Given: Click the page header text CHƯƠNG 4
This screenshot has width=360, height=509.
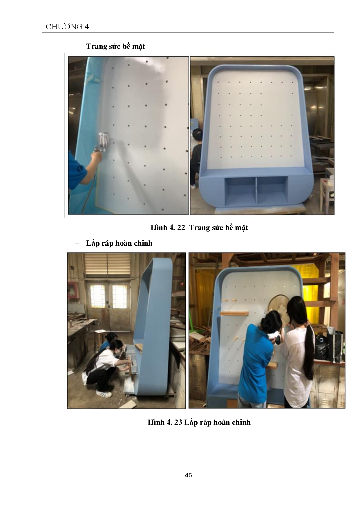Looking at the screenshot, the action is point(67,27).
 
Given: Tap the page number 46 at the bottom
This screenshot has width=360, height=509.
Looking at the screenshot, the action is point(188,475).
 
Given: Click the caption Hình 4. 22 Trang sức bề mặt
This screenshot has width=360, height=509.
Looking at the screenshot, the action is point(199,227).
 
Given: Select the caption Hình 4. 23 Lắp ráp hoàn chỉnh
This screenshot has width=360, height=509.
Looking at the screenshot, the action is point(199,422).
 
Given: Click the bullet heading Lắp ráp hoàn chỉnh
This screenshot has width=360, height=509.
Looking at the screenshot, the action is point(119,243).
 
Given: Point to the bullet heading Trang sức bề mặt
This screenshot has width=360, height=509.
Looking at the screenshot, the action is point(115,46).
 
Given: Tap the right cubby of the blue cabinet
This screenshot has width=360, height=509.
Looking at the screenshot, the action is point(272,190).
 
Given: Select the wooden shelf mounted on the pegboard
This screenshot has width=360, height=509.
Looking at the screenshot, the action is point(235,313).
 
